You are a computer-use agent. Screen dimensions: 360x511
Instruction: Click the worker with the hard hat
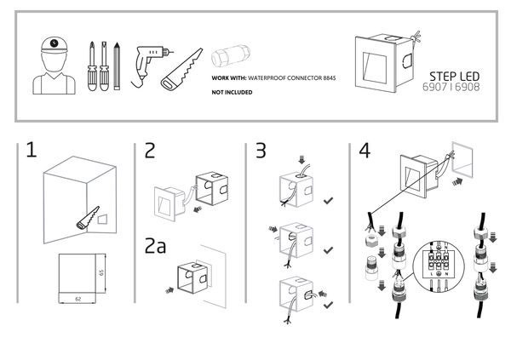53,64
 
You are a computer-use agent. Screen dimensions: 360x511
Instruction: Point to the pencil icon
114,66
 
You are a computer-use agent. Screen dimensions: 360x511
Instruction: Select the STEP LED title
449,74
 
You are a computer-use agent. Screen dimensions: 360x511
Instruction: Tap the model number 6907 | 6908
451,87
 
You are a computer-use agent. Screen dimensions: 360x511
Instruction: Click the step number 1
32,151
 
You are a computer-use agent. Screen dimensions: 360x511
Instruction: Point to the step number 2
150,151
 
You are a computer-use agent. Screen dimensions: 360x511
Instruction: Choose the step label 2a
157,248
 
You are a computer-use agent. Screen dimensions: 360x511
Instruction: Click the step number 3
261,151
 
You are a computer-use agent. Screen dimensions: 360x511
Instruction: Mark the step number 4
365,151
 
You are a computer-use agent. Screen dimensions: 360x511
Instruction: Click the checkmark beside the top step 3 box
329,201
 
